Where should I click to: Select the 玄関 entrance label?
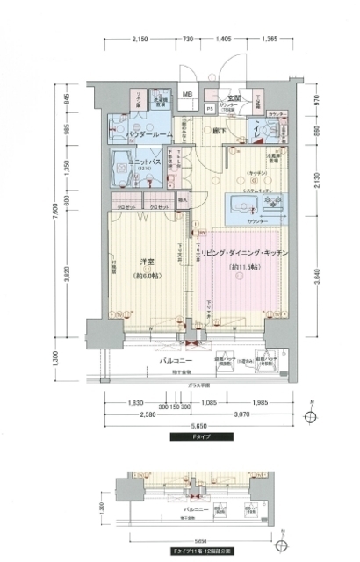point(234,97)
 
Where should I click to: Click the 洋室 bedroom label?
point(147,262)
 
